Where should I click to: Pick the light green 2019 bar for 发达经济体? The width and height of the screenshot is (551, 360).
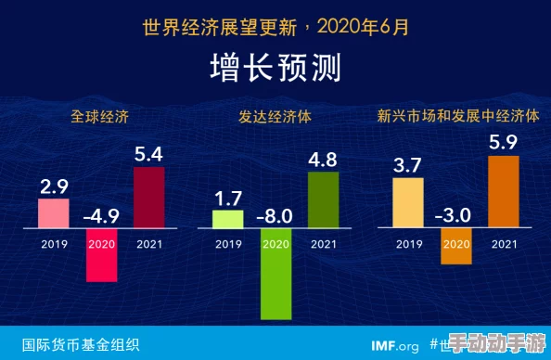227,219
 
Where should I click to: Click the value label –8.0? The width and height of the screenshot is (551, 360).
275,217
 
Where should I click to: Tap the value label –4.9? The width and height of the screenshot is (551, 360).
101,217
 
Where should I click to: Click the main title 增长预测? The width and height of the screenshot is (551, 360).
275,68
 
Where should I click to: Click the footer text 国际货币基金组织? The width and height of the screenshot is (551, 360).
81,345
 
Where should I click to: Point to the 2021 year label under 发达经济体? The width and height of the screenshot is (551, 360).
323,245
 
